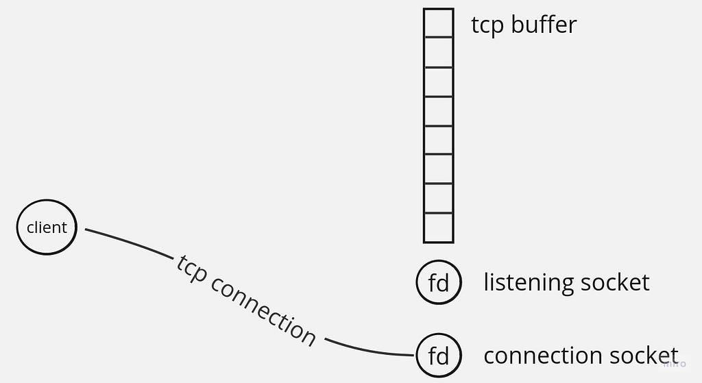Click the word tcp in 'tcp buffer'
487,25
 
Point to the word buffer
544,24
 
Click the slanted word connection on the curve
264,311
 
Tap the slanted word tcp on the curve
191,269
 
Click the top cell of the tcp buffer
438,23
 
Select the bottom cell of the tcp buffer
438,227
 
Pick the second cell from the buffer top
438,52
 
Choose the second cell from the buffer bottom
438,199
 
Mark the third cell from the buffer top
438,82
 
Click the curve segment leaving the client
130,242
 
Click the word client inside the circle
47,227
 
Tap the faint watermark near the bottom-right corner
675,363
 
